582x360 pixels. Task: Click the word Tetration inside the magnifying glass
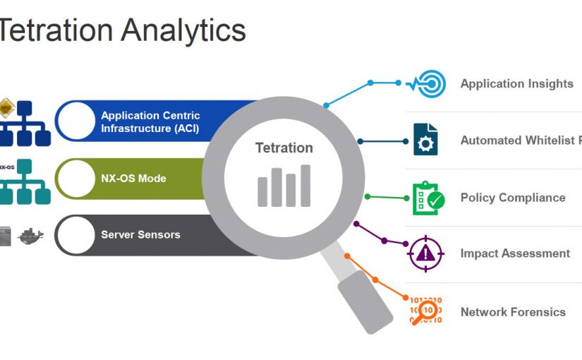[x=284, y=148]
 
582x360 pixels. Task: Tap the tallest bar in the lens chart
[x=305, y=186]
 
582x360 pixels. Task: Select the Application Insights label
[x=516, y=84]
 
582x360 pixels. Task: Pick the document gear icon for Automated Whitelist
[x=425, y=140]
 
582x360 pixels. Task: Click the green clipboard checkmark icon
[x=428, y=198]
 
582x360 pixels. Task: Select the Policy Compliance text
[x=512, y=198]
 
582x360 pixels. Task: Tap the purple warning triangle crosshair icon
[x=426, y=253]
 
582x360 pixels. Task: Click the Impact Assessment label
[x=515, y=253]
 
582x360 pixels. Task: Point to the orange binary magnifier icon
[x=426, y=311]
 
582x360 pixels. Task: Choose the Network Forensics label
[x=513, y=312]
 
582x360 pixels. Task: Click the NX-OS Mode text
[x=133, y=179]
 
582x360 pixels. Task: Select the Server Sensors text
[x=140, y=235]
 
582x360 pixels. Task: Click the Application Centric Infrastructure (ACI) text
[x=150, y=122]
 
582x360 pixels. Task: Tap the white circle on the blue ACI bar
[x=75, y=121]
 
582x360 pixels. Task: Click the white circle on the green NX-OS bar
[x=75, y=179]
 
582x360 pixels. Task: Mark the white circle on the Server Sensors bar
[x=75, y=235]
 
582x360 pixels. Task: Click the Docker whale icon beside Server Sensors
[x=30, y=235]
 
